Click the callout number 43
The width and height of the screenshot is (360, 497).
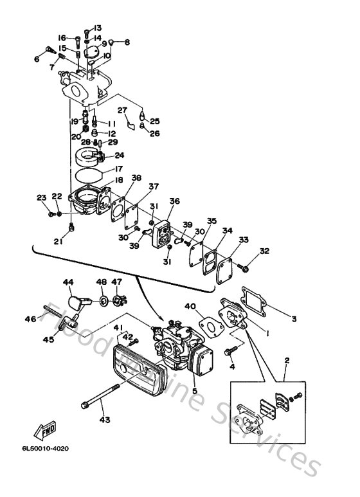click(x=105, y=420)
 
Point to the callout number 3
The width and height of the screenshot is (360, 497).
click(x=294, y=318)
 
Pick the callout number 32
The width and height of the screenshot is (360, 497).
click(x=264, y=251)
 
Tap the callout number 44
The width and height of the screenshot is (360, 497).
click(x=69, y=282)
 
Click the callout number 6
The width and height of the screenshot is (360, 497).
click(x=37, y=59)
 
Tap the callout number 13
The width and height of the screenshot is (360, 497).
click(x=98, y=28)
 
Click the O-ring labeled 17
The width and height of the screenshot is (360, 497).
click(x=89, y=174)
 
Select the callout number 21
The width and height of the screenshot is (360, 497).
click(x=58, y=241)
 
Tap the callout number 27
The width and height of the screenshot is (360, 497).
click(x=122, y=110)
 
